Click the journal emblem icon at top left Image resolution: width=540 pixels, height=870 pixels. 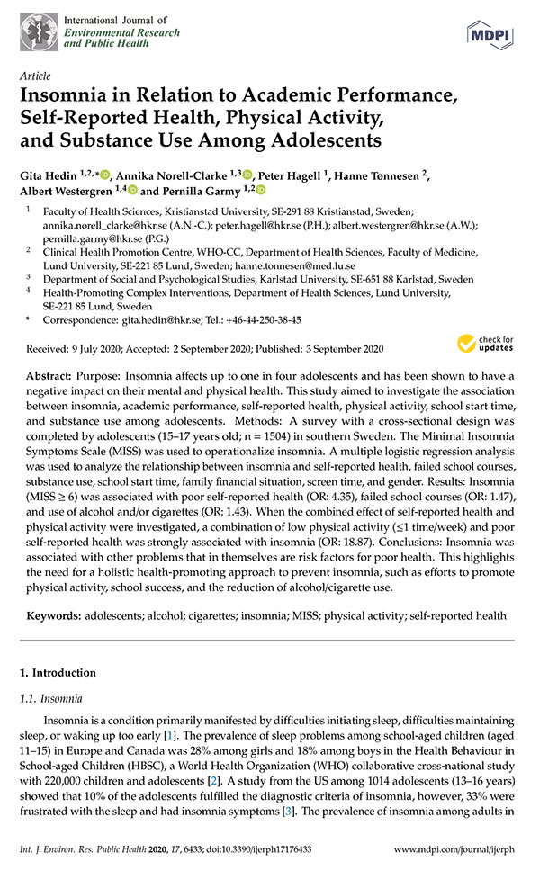point(36,30)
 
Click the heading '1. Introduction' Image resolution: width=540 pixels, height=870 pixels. point(58,673)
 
